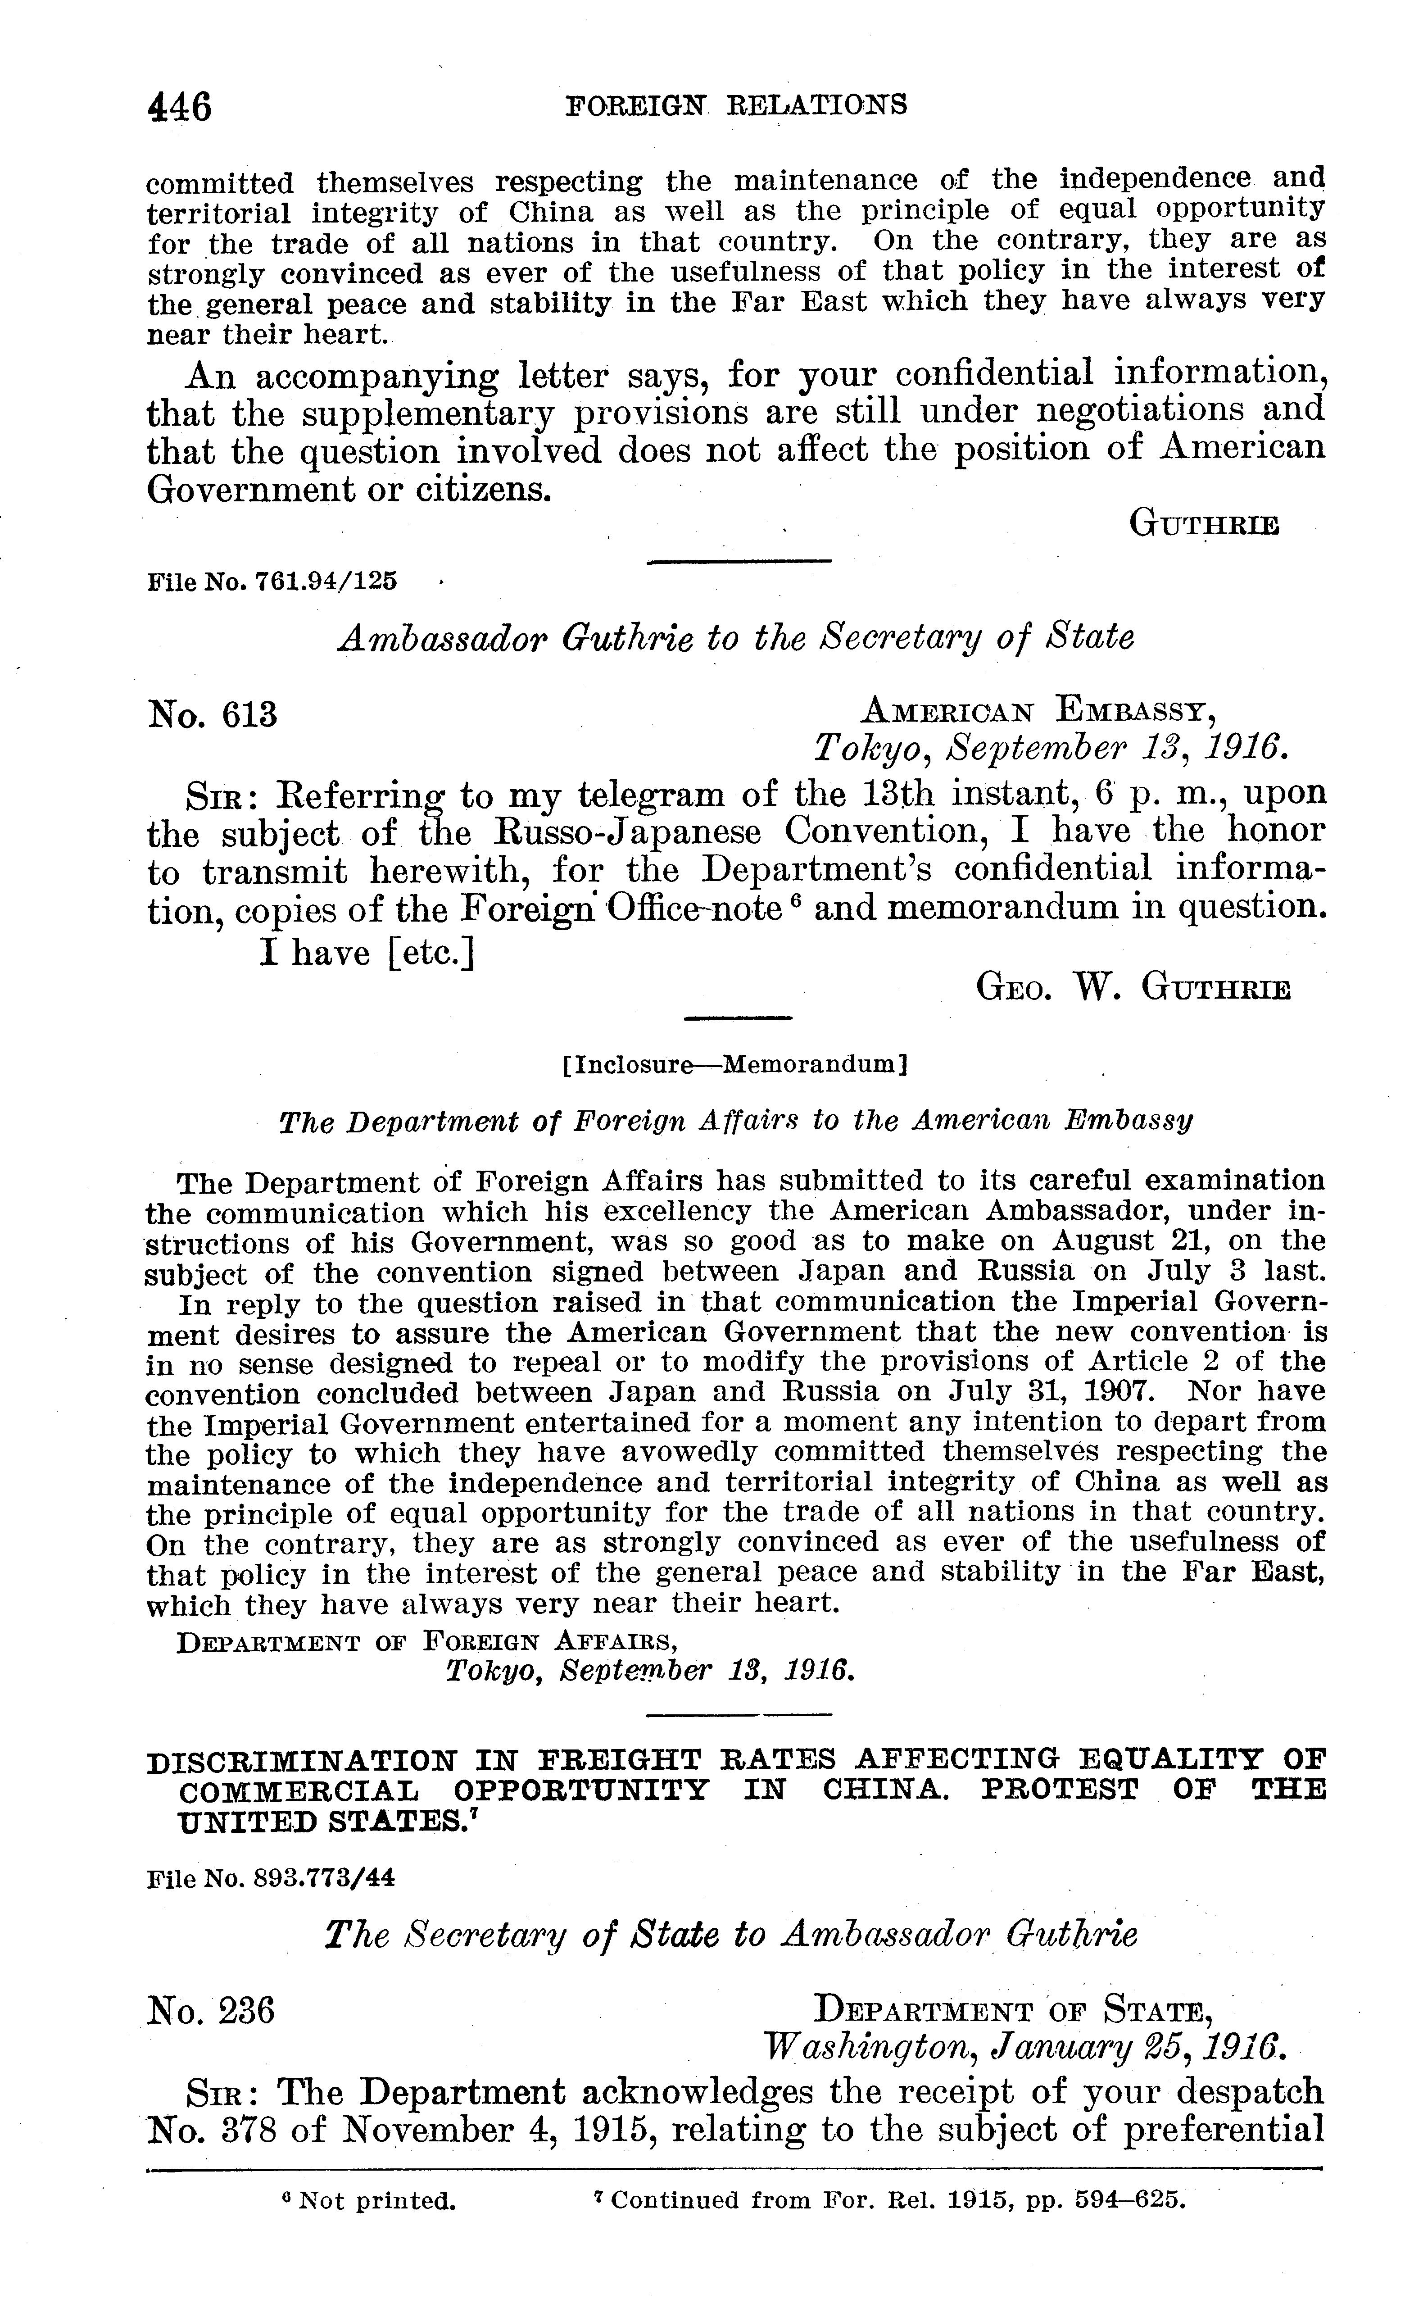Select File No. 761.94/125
[x=272, y=581]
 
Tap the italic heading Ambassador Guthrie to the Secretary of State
[x=736, y=638]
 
